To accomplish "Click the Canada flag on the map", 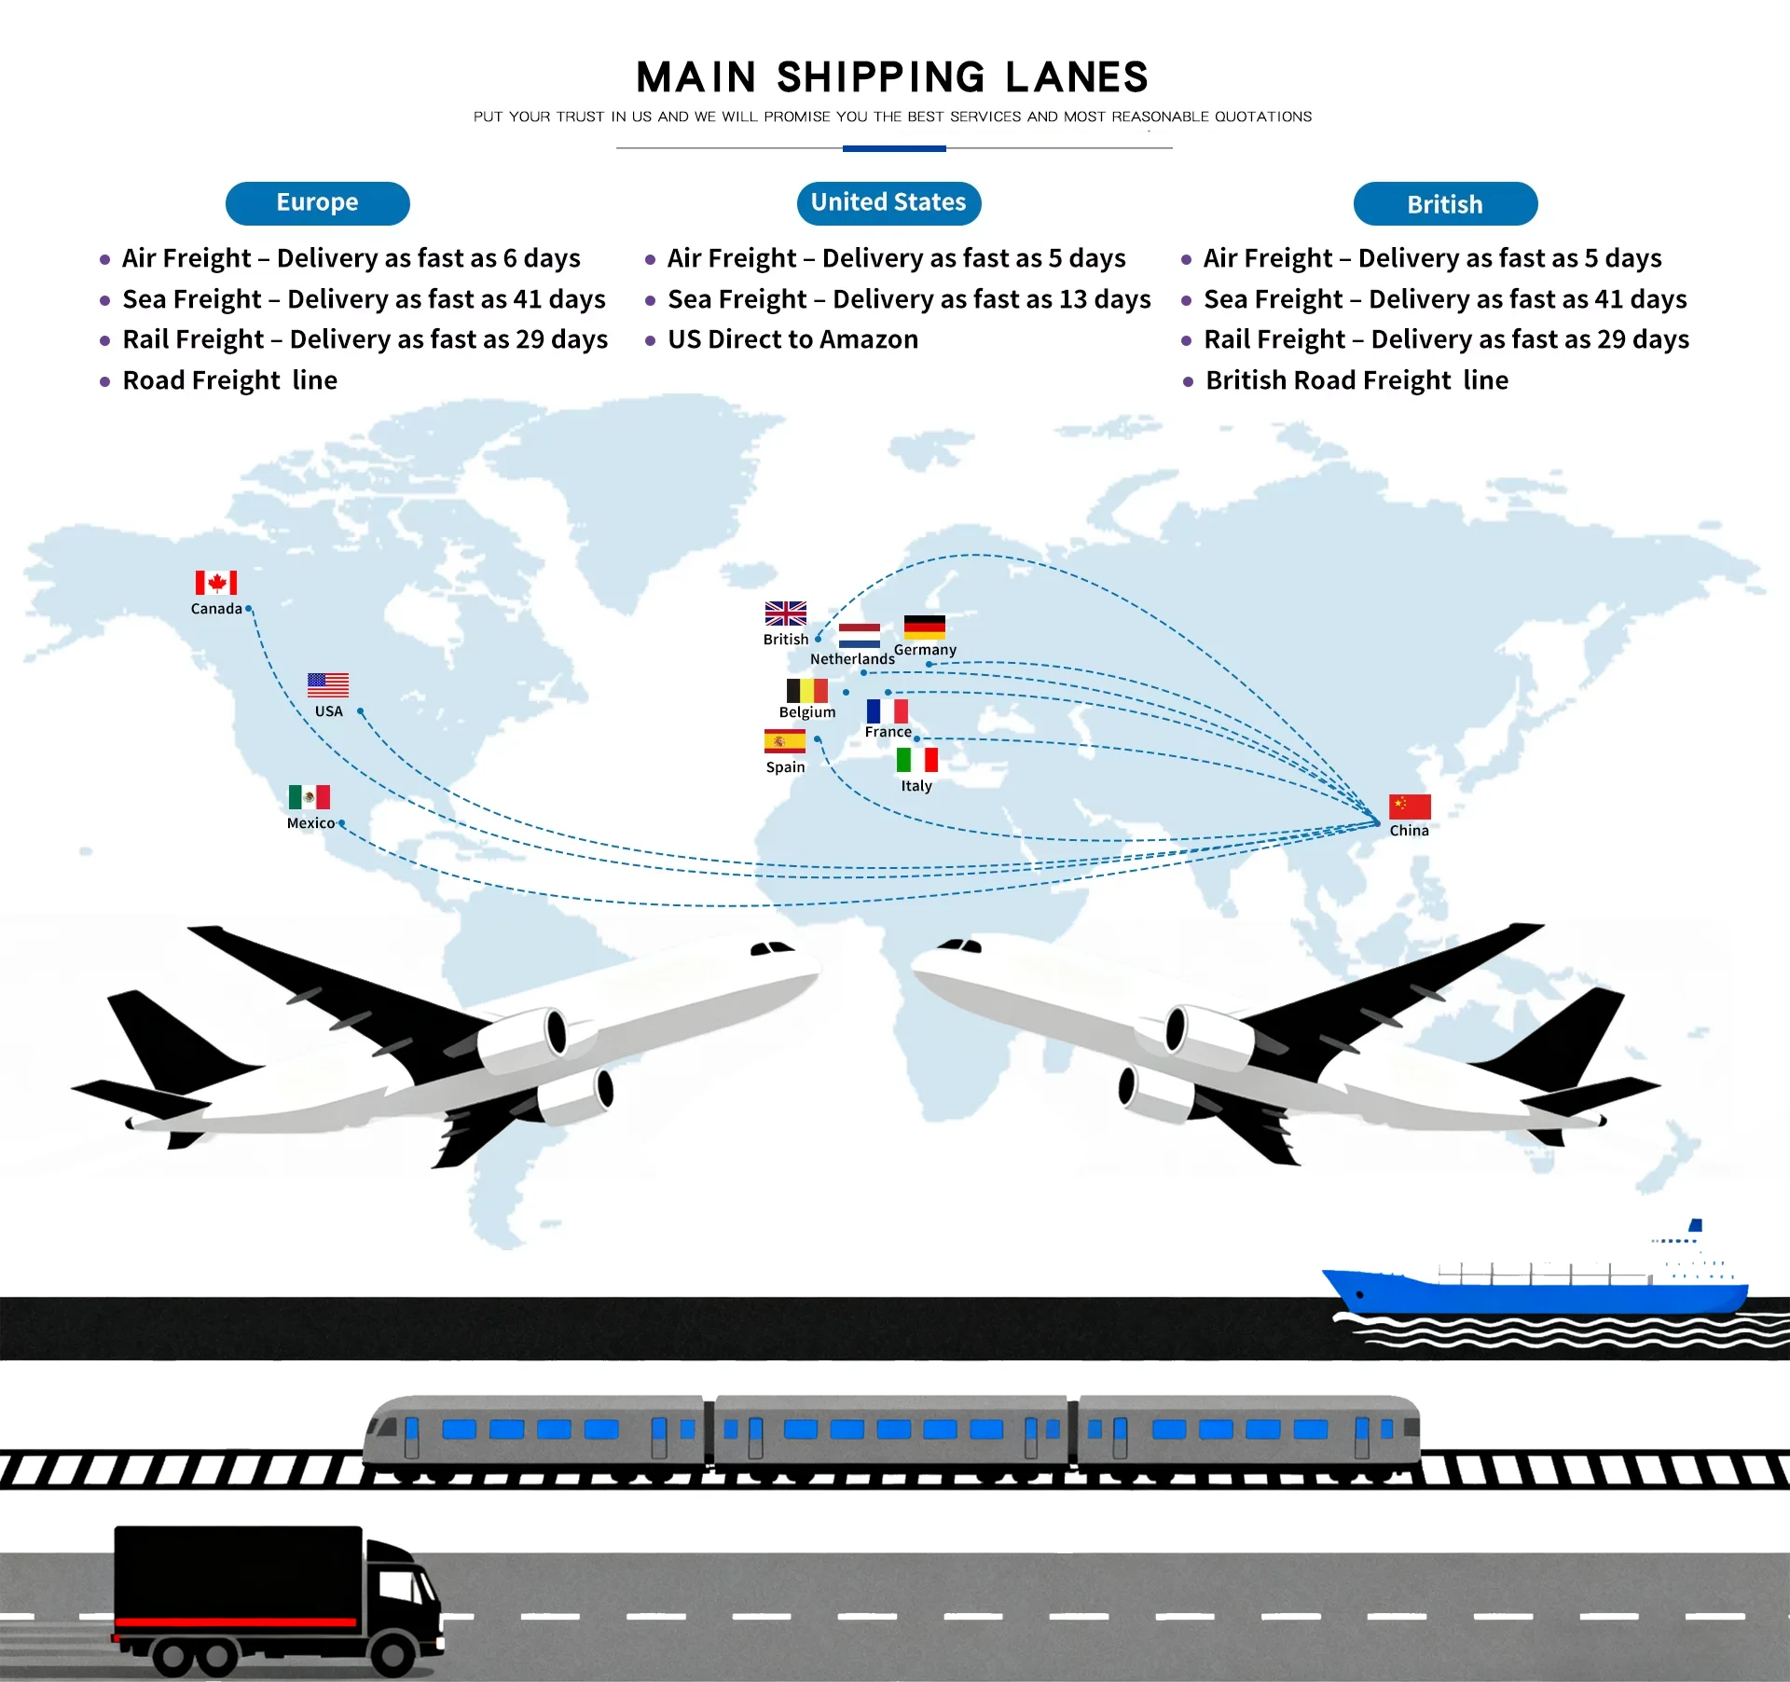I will [215, 583].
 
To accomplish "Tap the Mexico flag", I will [309, 797].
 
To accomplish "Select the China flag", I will [1410, 807].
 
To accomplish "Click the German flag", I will [924, 627].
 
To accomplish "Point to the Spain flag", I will [784, 741].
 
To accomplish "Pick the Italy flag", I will [916, 760].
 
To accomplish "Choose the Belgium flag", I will [806, 691].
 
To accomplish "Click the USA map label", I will [328, 711].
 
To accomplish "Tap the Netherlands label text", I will [852, 659].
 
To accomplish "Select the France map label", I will [888, 732].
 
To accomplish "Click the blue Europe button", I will [317, 203].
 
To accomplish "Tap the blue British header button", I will [1444, 204].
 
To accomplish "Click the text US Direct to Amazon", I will [792, 339].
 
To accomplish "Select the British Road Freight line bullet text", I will [1356, 380].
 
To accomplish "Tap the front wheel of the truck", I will [392, 1656].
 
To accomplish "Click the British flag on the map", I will [785, 614].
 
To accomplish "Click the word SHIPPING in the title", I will [881, 77].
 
